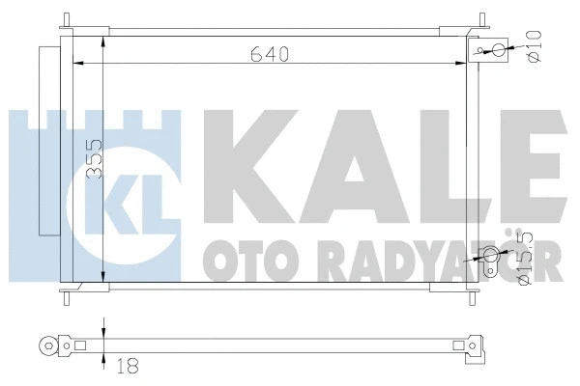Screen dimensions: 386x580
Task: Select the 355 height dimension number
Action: pyautogui.click(x=93, y=159)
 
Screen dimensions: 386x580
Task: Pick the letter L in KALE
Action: pyautogui.click(x=435, y=154)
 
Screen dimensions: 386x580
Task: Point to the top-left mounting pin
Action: pyautogui.click(x=66, y=20)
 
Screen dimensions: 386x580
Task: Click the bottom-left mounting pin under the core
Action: pyautogui.click(x=66, y=294)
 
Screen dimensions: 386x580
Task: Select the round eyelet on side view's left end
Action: pyautogui.click(x=43, y=344)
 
